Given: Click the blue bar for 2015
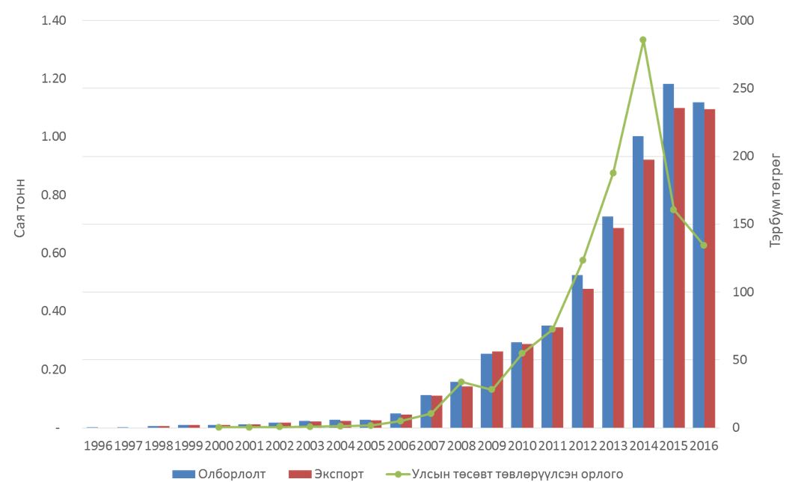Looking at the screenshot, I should point(668,255).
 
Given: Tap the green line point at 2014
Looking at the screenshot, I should point(642,40).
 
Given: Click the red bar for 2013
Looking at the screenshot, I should point(618,327).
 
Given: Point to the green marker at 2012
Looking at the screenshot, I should point(583,260).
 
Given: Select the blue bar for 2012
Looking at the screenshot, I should point(577,351).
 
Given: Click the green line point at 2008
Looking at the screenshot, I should point(461,382).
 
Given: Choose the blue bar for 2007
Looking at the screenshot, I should point(426,411).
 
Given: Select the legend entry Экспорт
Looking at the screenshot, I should point(329,474).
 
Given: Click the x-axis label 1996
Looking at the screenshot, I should point(98,445).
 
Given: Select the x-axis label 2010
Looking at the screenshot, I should point(522,445).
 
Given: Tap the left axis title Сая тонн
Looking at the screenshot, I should point(20,208).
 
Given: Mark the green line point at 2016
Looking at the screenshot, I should point(703,245).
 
